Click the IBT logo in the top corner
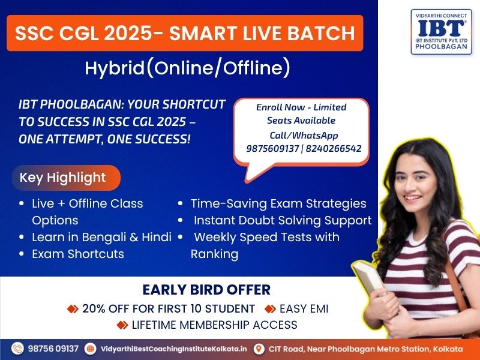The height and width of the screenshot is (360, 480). (x=441, y=32)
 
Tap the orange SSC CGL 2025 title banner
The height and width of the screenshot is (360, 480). (x=185, y=33)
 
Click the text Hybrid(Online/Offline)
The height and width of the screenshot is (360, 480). (x=187, y=67)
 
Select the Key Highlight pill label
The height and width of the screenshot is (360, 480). (x=66, y=178)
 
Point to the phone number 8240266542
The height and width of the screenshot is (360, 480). (x=334, y=148)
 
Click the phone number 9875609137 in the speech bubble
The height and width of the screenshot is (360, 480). (x=272, y=148)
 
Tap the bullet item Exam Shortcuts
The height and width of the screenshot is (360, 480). (x=78, y=254)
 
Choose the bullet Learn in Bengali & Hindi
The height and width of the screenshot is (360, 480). (x=101, y=237)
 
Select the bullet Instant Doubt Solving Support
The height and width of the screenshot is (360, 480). (x=283, y=220)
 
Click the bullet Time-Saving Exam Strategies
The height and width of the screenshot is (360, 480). (x=278, y=203)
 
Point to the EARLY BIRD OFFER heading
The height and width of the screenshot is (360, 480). (x=206, y=290)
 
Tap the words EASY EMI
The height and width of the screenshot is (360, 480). (x=304, y=308)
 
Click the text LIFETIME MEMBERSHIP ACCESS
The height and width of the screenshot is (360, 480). (x=215, y=325)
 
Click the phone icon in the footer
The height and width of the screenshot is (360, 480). (x=17, y=349)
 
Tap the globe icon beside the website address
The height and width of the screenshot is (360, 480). (x=91, y=349)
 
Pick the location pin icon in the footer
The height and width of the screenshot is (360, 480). (x=259, y=349)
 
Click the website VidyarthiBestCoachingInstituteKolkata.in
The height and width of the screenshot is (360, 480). (x=174, y=349)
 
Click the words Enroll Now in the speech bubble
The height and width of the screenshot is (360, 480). (x=280, y=107)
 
